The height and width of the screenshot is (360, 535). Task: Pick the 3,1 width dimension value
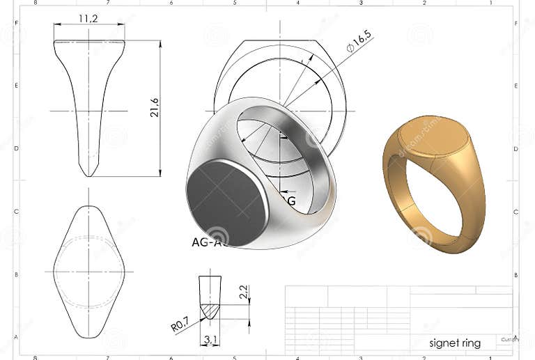(210, 340)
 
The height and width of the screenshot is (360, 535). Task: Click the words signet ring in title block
(455, 343)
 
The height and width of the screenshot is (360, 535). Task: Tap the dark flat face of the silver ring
(227, 202)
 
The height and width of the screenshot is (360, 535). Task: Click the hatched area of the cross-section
(210, 308)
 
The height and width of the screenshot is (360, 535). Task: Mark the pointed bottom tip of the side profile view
(88, 174)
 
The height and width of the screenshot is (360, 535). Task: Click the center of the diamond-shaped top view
(88, 272)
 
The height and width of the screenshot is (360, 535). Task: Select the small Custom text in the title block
(509, 339)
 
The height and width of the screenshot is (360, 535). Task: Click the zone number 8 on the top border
(35, 3)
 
